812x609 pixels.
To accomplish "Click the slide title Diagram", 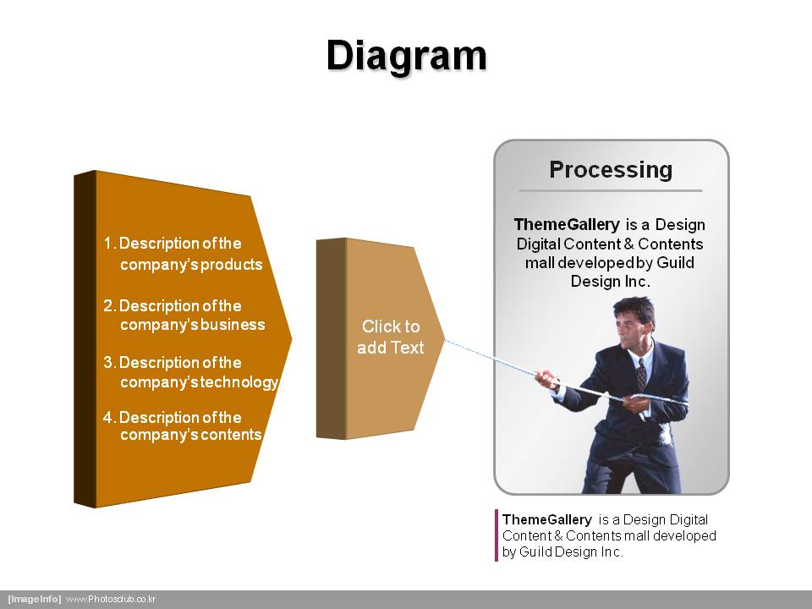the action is (407, 57).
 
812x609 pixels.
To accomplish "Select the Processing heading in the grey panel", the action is (611, 170).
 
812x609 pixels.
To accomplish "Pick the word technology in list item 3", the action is (239, 382).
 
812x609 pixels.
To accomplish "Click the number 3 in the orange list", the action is (108, 362).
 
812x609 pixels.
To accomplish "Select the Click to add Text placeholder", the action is (391, 337).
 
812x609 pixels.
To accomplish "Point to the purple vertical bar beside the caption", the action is (497, 535).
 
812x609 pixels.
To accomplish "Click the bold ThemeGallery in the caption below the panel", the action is (547, 519).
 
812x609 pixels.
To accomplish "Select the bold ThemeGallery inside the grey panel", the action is (567, 225).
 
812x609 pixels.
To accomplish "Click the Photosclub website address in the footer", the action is (111, 599).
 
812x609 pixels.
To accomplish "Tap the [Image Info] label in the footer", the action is (34, 599).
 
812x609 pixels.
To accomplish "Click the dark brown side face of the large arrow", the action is (85, 338).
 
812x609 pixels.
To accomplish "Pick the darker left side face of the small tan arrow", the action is (331, 338).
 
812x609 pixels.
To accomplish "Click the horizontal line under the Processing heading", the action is (611, 190).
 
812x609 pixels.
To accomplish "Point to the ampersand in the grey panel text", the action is (628, 244).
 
